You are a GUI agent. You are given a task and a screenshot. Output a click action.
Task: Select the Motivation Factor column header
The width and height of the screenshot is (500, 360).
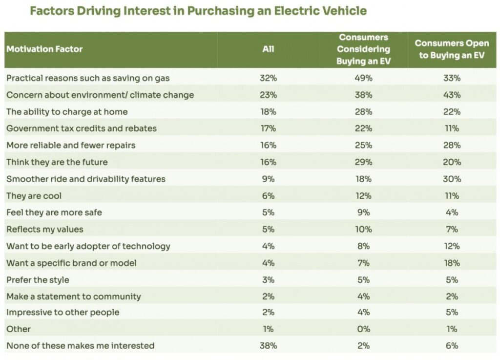coord(44,49)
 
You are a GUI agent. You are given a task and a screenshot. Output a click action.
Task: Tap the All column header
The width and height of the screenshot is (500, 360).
coord(268,49)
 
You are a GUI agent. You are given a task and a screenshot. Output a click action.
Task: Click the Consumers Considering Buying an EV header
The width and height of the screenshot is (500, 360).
coord(364,49)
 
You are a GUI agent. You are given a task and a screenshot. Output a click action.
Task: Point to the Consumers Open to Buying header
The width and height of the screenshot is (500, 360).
coord(452,49)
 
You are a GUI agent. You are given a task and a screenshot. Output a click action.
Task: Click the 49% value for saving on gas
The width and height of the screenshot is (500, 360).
coord(364,78)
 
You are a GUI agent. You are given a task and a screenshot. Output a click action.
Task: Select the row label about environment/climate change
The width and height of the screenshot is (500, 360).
coord(100,95)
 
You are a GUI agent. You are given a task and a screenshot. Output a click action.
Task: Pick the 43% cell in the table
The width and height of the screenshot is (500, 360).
coord(452,95)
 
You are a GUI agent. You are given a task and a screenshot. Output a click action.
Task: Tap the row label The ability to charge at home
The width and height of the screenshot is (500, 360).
coord(67,112)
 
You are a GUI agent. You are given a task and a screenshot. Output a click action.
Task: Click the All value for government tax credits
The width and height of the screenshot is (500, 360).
coord(268,128)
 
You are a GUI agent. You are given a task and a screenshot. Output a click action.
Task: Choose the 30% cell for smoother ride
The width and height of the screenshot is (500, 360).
coord(452,179)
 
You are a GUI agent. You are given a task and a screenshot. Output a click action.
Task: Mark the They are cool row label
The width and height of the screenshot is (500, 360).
coord(34,196)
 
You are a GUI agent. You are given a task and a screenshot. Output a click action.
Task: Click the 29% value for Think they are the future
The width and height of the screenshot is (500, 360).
coord(364,162)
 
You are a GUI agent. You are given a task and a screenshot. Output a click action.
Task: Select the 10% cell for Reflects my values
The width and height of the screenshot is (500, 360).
coord(364,229)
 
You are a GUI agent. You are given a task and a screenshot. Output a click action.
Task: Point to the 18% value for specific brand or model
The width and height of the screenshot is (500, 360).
coord(452,263)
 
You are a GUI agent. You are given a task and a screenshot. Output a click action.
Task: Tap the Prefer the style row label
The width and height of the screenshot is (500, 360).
coord(38,280)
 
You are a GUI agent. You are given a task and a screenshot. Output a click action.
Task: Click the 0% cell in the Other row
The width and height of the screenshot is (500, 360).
coord(364,329)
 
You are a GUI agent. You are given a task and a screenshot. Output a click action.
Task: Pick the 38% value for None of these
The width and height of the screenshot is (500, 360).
coord(268,346)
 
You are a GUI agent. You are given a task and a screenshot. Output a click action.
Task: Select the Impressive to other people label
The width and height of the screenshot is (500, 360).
coord(62,312)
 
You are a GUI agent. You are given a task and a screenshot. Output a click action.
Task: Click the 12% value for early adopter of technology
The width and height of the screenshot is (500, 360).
coord(452,246)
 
